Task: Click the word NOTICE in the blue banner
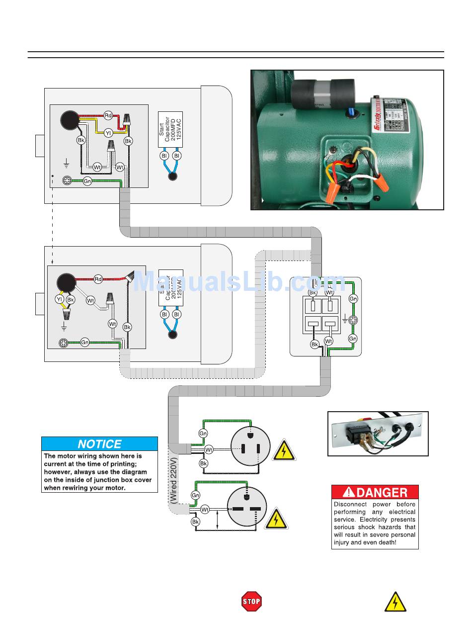point(99,444)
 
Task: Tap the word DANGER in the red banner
point(382,492)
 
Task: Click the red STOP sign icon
point(251,602)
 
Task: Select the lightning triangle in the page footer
point(395,602)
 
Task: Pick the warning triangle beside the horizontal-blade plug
point(275,519)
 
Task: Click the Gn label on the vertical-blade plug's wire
point(203,434)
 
